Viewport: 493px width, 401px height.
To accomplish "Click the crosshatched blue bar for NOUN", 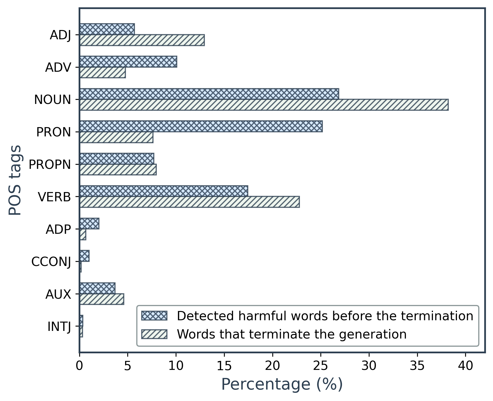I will tap(209, 94).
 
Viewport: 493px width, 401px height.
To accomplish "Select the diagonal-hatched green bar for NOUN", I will tap(264, 105).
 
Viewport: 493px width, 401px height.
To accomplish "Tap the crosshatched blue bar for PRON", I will tap(201, 126).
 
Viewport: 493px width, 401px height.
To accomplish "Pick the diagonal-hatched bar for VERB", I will tap(189, 202).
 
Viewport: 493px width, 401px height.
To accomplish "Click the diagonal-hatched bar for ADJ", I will tap(142, 40).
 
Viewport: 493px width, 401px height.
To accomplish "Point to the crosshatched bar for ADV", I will tap(128, 62).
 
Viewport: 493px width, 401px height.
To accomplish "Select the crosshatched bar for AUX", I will tap(97, 288).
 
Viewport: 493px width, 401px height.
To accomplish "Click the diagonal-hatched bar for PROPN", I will tap(118, 169).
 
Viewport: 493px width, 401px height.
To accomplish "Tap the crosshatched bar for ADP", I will tap(89, 224).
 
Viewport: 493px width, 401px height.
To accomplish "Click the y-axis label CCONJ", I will tap(51, 262).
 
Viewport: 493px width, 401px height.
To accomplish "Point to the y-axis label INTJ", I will tap(59, 327).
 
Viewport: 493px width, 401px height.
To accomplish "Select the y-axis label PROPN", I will tap(50, 164).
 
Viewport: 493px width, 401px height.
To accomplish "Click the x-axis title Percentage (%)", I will tap(282, 385).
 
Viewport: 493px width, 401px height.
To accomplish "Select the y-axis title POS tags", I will tap(15, 180).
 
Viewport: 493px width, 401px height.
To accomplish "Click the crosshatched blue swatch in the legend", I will tap(154, 316).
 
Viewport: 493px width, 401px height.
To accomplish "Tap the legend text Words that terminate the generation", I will tap(292, 334).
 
